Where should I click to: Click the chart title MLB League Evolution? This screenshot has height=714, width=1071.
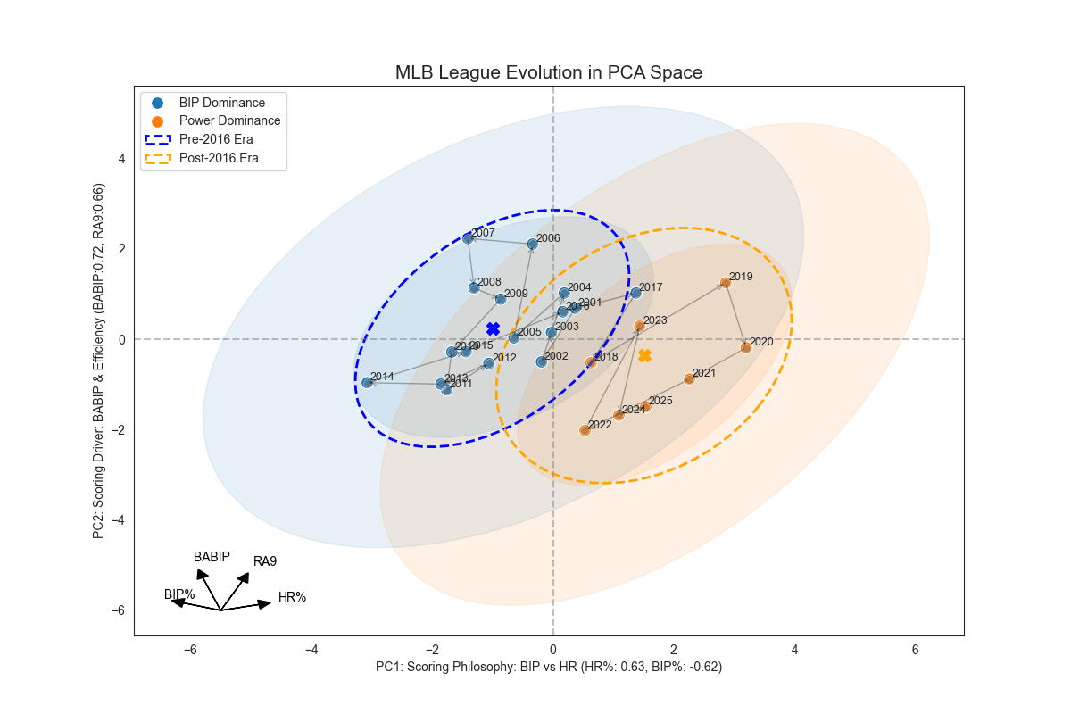(549, 72)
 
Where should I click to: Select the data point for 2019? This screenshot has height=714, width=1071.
(726, 283)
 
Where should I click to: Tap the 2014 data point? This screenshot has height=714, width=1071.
(367, 382)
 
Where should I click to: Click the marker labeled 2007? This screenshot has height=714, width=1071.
(468, 238)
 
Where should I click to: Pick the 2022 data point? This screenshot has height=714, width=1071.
(585, 430)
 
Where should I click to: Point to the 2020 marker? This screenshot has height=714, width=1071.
(746, 347)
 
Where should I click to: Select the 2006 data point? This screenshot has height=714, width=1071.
(533, 244)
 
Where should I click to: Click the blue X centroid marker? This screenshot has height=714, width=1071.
(493, 328)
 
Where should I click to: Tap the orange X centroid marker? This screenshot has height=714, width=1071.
(644, 356)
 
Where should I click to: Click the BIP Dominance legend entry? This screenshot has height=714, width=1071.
(222, 103)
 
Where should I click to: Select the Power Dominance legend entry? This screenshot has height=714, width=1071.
(229, 120)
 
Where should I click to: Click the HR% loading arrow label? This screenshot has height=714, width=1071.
(292, 597)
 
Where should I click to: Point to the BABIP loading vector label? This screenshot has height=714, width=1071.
(212, 557)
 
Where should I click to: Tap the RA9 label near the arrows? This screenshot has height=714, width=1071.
(265, 561)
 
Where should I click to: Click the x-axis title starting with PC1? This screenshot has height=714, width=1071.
(549, 667)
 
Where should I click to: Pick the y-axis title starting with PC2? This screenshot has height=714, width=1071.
(99, 361)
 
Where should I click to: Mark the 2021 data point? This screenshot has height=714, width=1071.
(689, 379)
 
